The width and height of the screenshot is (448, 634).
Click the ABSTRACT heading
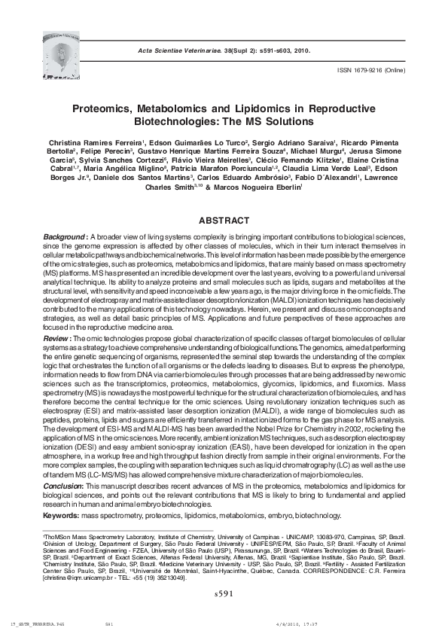223,221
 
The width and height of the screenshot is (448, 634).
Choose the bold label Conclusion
69,487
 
